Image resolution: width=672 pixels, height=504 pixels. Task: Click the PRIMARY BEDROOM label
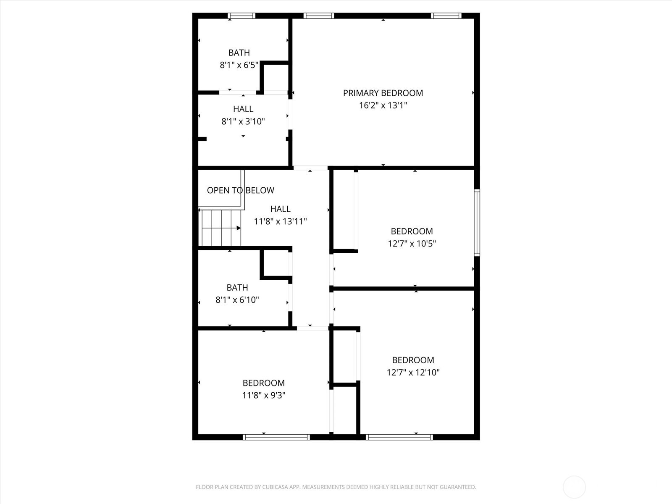pyautogui.click(x=383, y=93)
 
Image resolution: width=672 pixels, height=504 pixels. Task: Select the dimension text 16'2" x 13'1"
pyautogui.click(x=383, y=105)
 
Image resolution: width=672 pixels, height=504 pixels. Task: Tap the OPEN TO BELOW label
pyautogui.click(x=240, y=190)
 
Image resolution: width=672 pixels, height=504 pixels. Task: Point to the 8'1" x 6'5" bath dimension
pyautogui.click(x=239, y=65)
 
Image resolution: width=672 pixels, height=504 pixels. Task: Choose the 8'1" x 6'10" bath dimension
pyautogui.click(x=237, y=300)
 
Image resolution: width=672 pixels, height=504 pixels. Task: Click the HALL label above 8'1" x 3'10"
pyautogui.click(x=243, y=109)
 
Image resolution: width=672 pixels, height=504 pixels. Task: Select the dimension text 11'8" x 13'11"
pyautogui.click(x=280, y=221)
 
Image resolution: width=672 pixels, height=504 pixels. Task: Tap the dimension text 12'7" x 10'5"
pyautogui.click(x=412, y=244)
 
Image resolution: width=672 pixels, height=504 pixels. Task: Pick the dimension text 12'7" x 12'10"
pyautogui.click(x=413, y=372)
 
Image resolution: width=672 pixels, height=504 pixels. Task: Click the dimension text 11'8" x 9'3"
pyautogui.click(x=264, y=395)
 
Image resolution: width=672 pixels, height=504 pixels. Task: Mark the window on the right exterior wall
pyautogui.click(x=477, y=223)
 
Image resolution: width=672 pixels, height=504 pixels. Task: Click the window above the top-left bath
pyautogui.click(x=241, y=16)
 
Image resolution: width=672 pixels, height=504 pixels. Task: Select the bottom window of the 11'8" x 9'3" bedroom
pyautogui.click(x=276, y=437)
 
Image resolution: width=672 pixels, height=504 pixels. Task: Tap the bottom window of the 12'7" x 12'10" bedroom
pyautogui.click(x=399, y=437)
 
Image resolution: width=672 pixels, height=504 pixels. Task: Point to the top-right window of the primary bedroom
pyautogui.click(x=446, y=16)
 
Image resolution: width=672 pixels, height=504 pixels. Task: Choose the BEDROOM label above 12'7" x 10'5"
pyautogui.click(x=412, y=231)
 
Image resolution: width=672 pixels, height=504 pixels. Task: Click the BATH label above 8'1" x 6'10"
pyautogui.click(x=237, y=288)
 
